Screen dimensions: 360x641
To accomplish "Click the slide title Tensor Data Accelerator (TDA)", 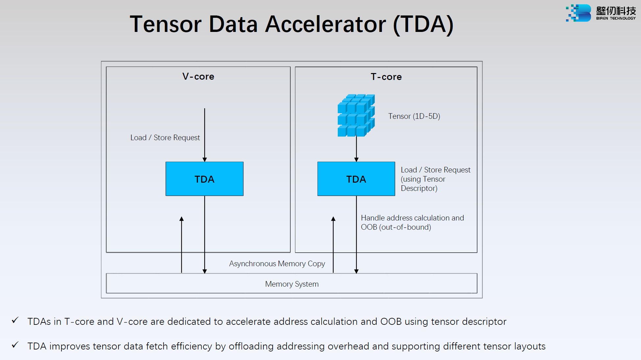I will [x=291, y=24].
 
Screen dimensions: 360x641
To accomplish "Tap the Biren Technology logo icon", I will [x=579, y=13].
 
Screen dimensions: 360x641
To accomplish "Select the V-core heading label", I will [x=198, y=76].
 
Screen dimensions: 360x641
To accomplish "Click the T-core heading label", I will [x=386, y=77].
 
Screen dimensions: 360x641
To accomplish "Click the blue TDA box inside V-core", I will [x=204, y=179].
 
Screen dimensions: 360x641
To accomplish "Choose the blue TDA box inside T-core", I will [x=356, y=179].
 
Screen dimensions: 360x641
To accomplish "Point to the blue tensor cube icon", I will [x=356, y=115].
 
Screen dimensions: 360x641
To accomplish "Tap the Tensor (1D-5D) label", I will [x=414, y=116].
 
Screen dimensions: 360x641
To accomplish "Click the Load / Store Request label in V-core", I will [x=165, y=138].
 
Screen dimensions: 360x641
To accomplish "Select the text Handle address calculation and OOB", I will [x=412, y=222].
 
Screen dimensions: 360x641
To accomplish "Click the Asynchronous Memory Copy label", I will [x=277, y=264].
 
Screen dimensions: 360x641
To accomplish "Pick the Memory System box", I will [x=291, y=284].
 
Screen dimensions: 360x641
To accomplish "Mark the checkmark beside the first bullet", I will [x=15, y=320].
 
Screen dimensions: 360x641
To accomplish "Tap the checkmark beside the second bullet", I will [x=15, y=345].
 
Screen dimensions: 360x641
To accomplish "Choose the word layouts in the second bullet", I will [x=530, y=346].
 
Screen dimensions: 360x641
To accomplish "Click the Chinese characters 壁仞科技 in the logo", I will [x=616, y=11].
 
